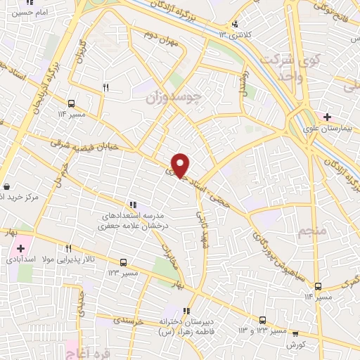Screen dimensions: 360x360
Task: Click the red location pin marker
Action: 181,165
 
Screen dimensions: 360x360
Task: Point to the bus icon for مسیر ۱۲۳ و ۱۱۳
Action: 263,319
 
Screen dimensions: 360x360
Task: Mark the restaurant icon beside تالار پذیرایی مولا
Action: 69,248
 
